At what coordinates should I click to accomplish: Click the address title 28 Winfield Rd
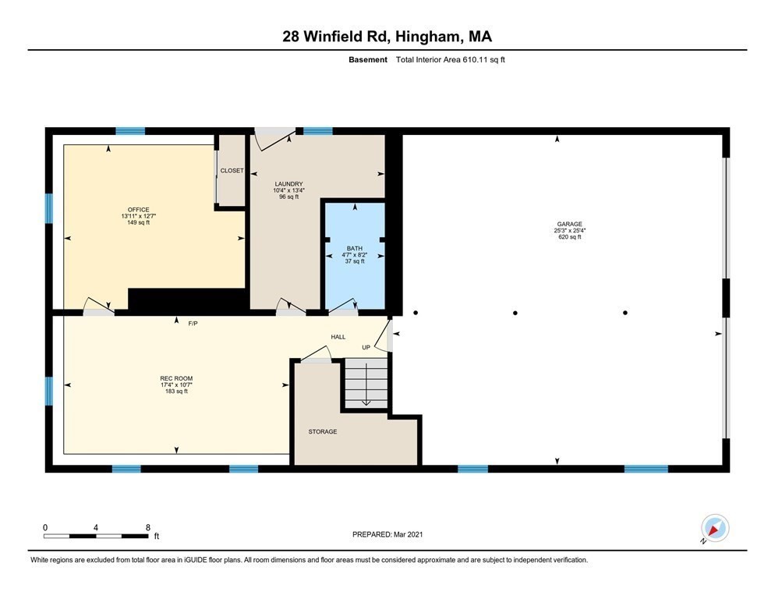pyautogui.click(x=387, y=36)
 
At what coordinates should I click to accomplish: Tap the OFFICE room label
pyautogui.click(x=137, y=209)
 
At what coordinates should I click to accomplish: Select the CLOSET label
pyautogui.click(x=232, y=171)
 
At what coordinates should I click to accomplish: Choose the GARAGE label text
pyautogui.click(x=568, y=224)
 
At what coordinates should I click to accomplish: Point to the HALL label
pyautogui.click(x=338, y=337)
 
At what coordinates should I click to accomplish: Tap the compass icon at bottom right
pyautogui.click(x=714, y=528)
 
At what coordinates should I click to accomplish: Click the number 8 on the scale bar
pyautogui.click(x=147, y=527)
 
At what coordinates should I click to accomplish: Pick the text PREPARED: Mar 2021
pyautogui.click(x=387, y=534)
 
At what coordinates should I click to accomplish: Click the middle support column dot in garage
pyautogui.click(x=515, y=314)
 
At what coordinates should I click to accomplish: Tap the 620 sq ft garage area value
pyautogui.click(x=568, y=237)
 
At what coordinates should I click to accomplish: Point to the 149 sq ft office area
pyautogui.click(x=137, y=223)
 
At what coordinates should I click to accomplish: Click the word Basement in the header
pyautogui.click(x=368, y=59)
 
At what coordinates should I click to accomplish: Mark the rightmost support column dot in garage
pyautogui.click(x=625, y=314)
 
